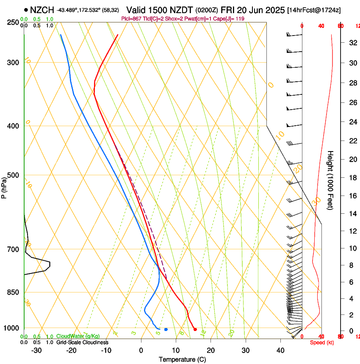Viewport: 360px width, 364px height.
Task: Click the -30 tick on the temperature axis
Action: tap(36, 350)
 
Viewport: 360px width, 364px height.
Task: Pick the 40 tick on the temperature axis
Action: tap(280, 350)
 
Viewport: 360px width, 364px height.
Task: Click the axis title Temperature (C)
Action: tap(182, 360)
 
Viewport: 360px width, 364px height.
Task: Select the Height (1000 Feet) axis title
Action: tap(331, 180)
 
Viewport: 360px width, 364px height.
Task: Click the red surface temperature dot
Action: tap(195, 329)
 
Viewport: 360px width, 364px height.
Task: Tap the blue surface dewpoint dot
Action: tap(166, 329)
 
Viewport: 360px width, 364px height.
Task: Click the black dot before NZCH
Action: tap(26, 10)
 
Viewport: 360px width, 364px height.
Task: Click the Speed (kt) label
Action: tap(321, 342)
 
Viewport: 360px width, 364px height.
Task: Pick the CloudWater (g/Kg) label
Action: tap(78, 336)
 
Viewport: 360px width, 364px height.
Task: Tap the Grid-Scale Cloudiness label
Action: tap(82, 342)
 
